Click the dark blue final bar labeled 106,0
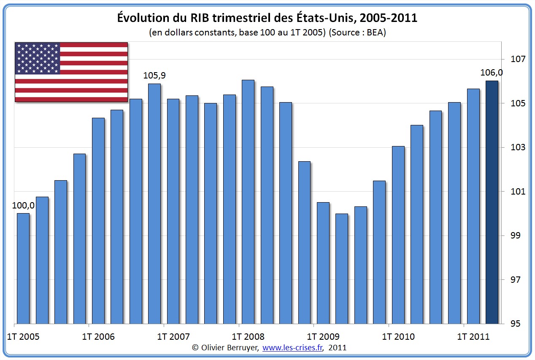(492, 203)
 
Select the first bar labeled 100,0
(23, 268)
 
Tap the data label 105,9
(155, 76)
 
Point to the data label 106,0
(492, 73)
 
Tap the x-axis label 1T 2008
(249, 337)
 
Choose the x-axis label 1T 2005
(24, 337)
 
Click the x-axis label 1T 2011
(473, 337)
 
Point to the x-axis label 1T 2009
(323, 337)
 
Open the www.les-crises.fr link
(293, 348)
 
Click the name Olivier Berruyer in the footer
(230, 348)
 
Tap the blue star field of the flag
(37, 58)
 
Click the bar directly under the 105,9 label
(154, 203)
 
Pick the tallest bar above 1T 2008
(248, 202)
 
